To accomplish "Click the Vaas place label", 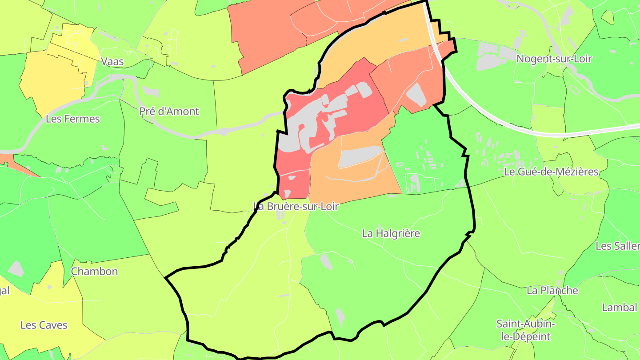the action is pyautogui.click(x=112, y=61).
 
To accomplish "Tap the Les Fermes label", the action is pyautogui.click(x=73, y=119).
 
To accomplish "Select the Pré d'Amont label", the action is pyautogui.click(x=169, y=111).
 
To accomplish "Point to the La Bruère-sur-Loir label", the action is pyautogui.click(x=296, y=206).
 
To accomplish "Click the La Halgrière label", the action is pyautogui.click(x=391, y=233).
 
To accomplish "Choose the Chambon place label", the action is pyautogui.click(x=95, y=271).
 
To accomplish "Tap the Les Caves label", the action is pyautogui.click(x=44, y=325).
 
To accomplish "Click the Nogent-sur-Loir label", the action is pyautogui.click(x=554, y=59).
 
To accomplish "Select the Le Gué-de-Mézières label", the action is pyautogui.click(x=551, y=172).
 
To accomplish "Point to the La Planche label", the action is pyautogui.click(x=552, y=291).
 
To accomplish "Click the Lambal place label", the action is pyautogui.click(x=619, y=307).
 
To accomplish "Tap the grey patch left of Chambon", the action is pyautogui.click(x=16, y=268).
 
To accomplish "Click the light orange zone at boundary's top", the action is pyautogui.click(x=378, y=40).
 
